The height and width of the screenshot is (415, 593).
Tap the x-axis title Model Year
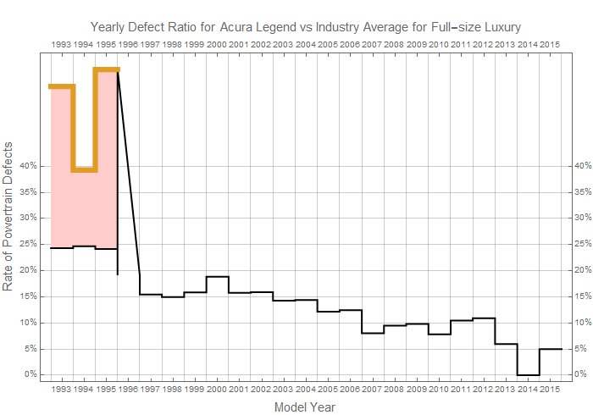tap(305, 407)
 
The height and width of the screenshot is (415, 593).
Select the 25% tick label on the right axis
tap(582, 244)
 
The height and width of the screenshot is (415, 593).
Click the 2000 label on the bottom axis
tap(217, 389)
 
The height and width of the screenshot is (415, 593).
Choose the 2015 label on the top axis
tap(549, 42)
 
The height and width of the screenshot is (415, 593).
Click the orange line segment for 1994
tap(84, 169)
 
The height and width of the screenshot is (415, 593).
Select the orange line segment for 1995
tap(106, 69)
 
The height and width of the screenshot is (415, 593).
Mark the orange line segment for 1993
tap(62, 86)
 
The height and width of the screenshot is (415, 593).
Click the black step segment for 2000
tap(217, 277)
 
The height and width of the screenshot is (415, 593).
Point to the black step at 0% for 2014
tap(528, 374)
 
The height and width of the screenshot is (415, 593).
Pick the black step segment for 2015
tap(550, 349)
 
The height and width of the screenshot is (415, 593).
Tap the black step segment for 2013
tap(506, 344)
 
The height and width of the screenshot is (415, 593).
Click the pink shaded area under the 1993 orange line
tap(62, 169)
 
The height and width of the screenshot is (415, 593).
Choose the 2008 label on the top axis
tap(394, 42)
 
